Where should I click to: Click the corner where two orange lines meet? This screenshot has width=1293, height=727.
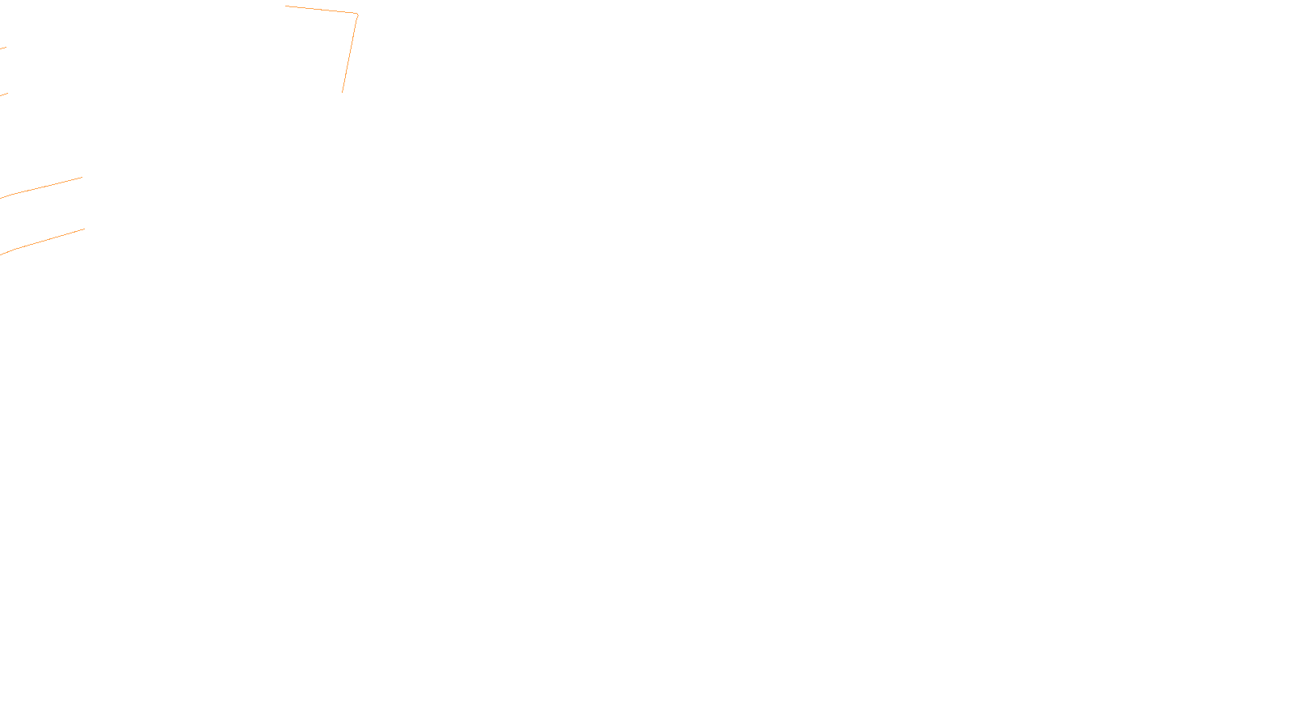[x=357, y=14]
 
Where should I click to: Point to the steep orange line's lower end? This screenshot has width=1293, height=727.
[x=342, y=92]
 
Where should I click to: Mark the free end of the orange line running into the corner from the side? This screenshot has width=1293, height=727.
[x=286, y=6]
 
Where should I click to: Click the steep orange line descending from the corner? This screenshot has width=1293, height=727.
[x=350, y=53]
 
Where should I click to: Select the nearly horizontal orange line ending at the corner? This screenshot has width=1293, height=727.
[x=322, y=10]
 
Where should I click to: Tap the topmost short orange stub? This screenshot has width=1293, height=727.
[x=3, y=48]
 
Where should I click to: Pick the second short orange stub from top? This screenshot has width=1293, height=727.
[x=4, y=95]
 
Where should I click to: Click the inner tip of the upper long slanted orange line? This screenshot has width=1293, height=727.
[x=82, y=178]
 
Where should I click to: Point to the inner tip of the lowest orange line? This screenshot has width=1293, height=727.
[x=84, y=229]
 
